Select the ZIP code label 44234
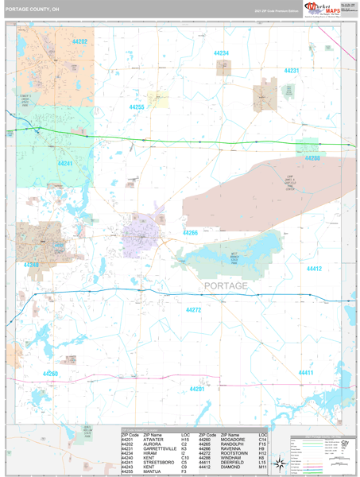click(222, 53)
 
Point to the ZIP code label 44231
click(292, 71)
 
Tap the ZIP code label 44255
click(137, 106)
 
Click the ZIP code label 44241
click(65, 163)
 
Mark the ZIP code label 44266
click(189, 232)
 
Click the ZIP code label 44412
click(315, 269)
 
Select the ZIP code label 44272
click(193, 309)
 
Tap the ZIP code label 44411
click(307, 372)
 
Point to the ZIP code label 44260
click(50, 373)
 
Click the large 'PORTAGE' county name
click(225, 285)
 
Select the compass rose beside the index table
click(277, 448)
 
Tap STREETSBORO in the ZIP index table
click(160, 462)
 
